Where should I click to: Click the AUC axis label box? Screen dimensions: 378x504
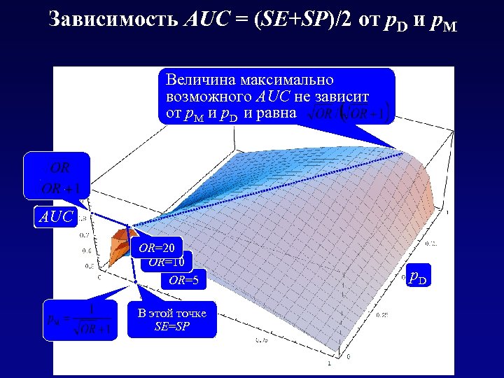55,217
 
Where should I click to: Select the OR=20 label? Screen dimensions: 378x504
157,247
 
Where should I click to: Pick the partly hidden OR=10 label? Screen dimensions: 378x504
167,262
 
